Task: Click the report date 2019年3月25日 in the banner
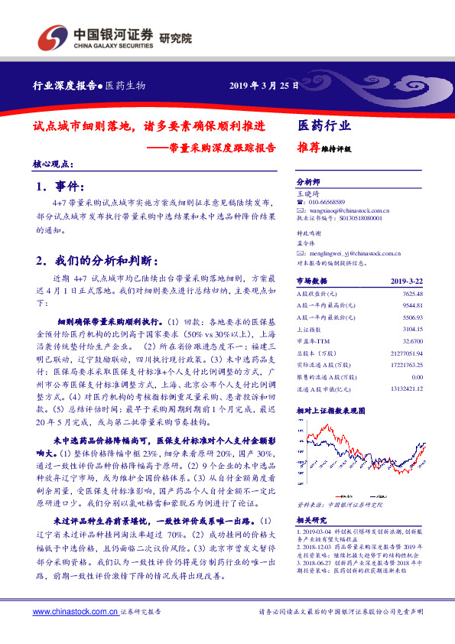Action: click(x=262, y=86)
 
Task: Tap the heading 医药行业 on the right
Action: click(x=323, y=125)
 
